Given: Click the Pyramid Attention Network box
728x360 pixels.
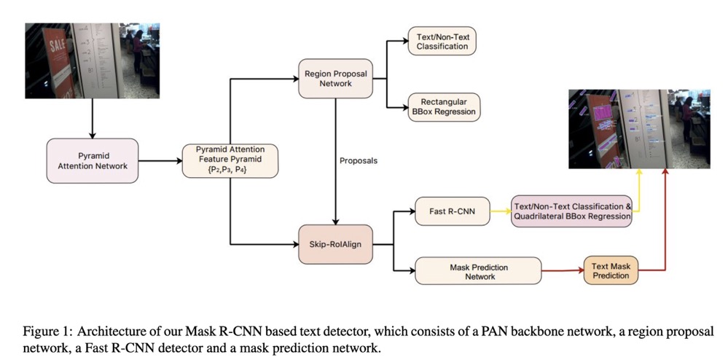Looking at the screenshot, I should click(92, 161).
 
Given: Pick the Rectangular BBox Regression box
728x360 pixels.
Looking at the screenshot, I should click(442, 106).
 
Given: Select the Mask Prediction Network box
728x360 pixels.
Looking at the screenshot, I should click(477, 270).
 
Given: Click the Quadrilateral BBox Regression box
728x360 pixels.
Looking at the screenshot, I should click(571, 211).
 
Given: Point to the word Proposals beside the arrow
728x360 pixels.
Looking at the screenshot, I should click(359, 160).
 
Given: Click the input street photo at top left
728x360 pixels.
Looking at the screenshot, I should click(92, 61).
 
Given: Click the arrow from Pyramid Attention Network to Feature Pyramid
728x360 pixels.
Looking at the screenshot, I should click(159, 161).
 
